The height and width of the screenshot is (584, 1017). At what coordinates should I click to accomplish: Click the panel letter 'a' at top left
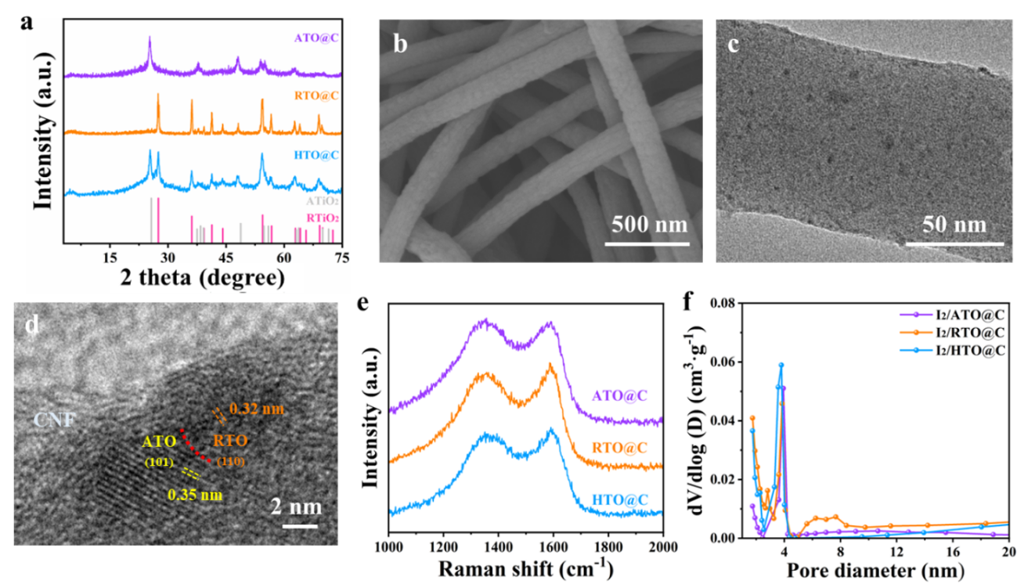point(26,21)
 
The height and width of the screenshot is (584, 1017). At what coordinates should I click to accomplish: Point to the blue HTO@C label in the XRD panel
point(316,154)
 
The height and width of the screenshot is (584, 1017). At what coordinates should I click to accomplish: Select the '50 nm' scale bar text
point(954,225)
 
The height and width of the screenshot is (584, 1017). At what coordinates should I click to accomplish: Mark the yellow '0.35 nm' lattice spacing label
point(195,494)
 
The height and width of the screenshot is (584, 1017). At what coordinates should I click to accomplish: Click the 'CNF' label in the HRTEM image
point(56,420)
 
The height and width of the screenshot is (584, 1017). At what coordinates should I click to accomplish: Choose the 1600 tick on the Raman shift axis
point(554,546)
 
